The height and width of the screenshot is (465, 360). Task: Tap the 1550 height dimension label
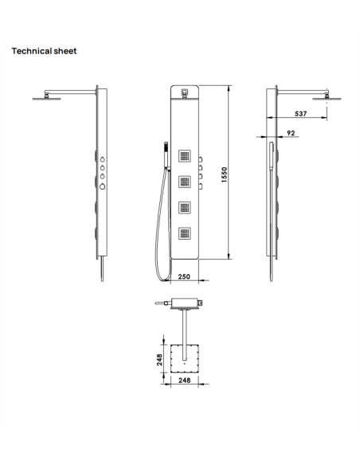225,174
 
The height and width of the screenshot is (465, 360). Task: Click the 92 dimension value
291,134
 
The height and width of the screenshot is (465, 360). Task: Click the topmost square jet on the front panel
185,155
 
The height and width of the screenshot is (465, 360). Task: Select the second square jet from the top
185,181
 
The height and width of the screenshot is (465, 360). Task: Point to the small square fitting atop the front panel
185,92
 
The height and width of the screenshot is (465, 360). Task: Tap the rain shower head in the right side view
323,99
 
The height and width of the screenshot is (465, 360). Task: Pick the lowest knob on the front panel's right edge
202,186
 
